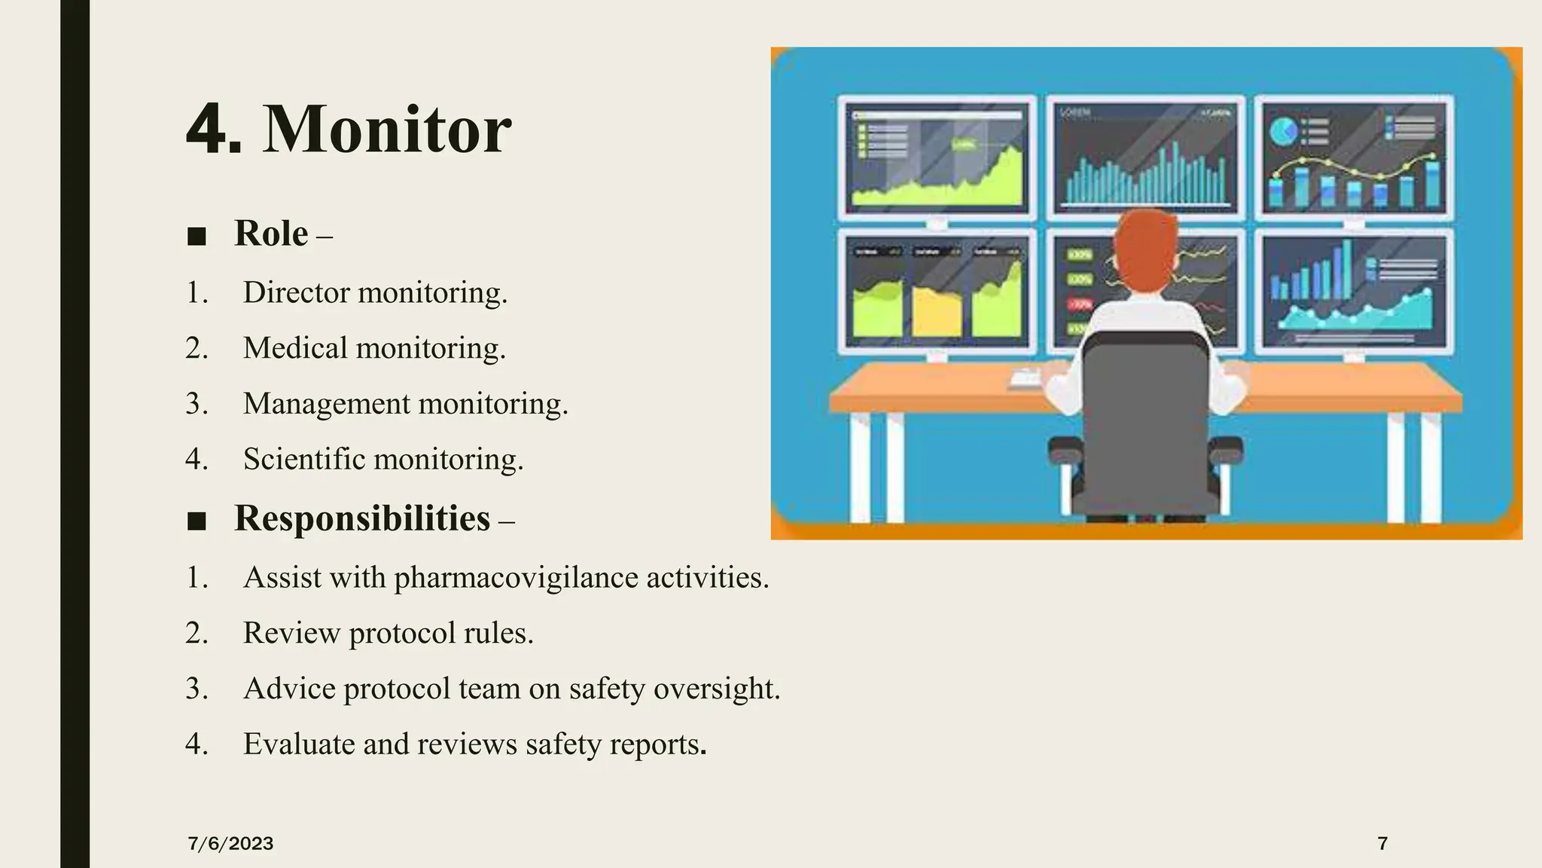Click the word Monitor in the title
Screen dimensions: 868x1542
click(x=387, y=130)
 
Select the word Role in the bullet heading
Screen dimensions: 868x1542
click(x=271, y=234)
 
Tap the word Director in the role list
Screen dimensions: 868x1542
click(x=297, y=292)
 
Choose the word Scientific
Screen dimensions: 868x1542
click(x=304, y=459)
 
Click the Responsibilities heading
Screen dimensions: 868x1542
click(x=362, y=518)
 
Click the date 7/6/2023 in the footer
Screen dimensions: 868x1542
click(x=230, y=844)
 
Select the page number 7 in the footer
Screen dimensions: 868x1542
click(x=1382, y=844)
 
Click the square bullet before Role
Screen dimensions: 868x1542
click(x=197, y=237)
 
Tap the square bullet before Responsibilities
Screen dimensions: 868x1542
click(x=197, y=521)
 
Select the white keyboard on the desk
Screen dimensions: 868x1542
click(x=1026, y=379)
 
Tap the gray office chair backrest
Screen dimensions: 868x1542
click(x=1145, y=407)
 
